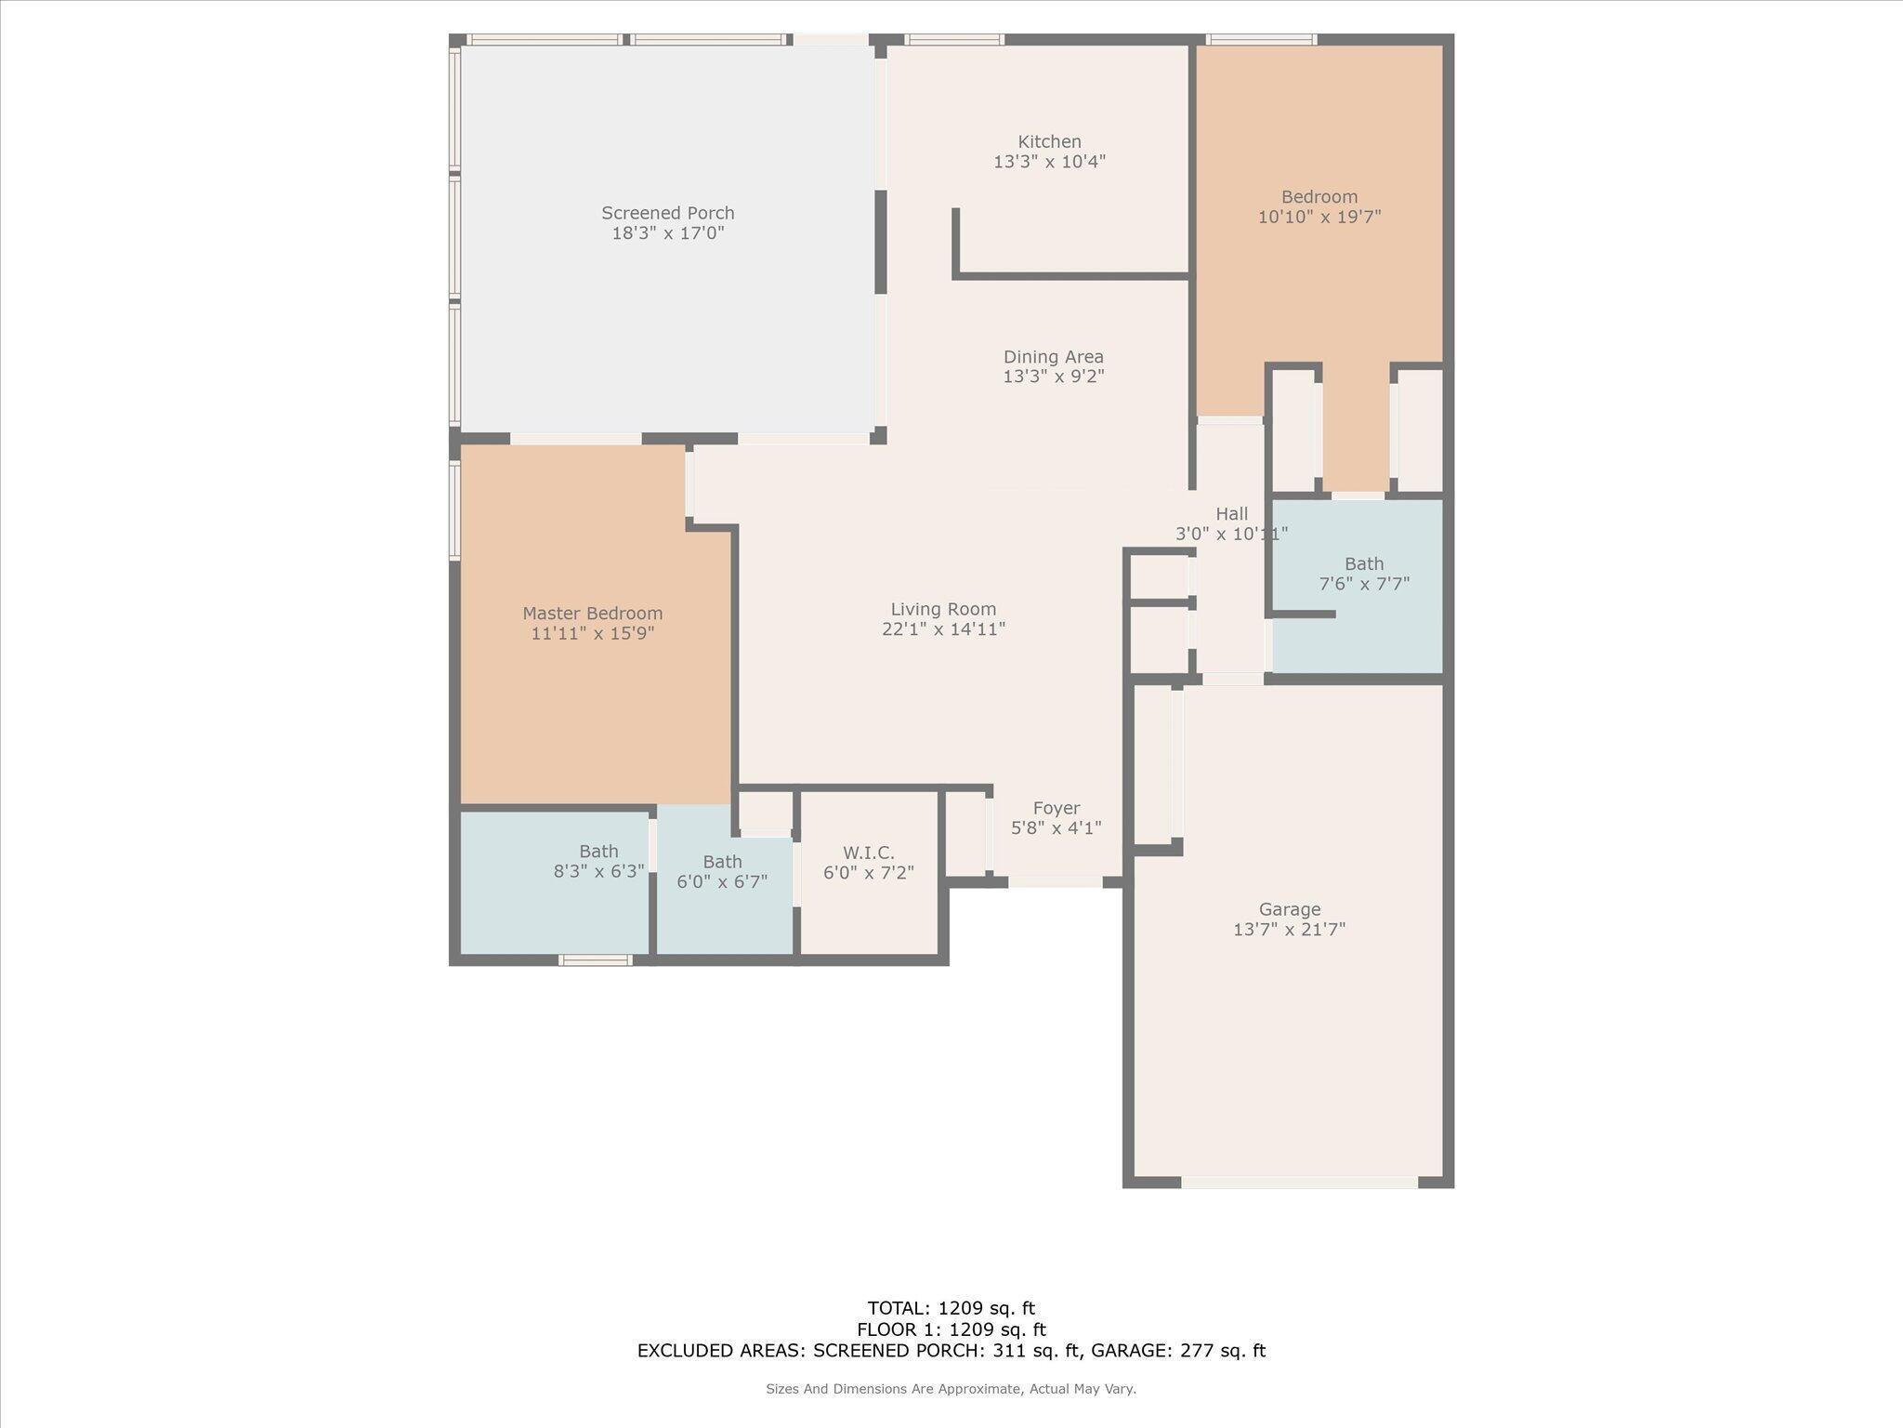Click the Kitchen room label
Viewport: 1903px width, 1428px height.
(x=1049, y=142)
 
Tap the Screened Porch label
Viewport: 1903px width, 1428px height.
(x=667, y=213)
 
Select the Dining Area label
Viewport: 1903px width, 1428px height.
(x=1053, y=357)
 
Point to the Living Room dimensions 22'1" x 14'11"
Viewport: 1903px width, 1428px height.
(x=943, y=629)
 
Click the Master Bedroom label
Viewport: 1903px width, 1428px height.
(x=592, y=614)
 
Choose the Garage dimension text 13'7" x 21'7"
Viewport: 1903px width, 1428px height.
(x=1289, y=930)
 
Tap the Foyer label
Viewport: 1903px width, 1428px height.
(x=1056, y=809)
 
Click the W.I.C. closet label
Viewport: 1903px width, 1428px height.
(x=869, y=853)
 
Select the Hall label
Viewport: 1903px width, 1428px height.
(x=1231, y=514)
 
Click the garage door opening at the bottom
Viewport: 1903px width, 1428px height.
(x=1299, y=1183)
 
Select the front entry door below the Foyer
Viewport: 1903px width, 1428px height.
(x=1056, y=881)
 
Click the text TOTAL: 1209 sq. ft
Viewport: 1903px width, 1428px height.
(x=951, y=1309)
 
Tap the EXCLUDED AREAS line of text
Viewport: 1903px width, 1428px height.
(x=951, y=1351)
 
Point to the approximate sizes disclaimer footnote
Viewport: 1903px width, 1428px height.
(x=951, y=1389)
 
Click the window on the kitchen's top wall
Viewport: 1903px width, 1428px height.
(x=954, y=39)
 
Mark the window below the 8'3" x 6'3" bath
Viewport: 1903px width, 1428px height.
(x=596, y=960)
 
